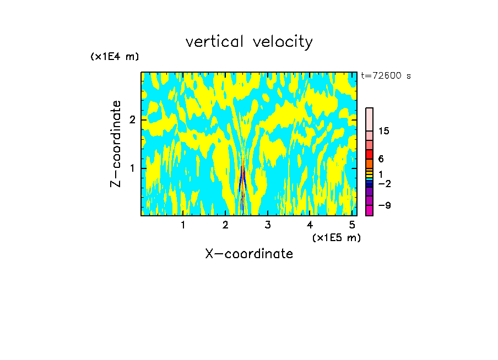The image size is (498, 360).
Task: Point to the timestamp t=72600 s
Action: (x=386, y=76)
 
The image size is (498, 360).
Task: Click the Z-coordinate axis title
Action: (x=116, y=144)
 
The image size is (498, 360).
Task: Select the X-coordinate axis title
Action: (x=249, y=254)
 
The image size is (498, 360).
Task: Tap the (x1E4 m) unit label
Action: (x=115, y=56)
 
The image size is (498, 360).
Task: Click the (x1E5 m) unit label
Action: (x=336, y=237)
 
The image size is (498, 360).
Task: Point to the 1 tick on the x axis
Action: (x=183, y=225)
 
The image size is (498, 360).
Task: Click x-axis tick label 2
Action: (x=225, y=225)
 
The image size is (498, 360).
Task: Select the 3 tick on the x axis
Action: (x=268, y=225)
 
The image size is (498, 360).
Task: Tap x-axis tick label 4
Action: (x=310, y=225)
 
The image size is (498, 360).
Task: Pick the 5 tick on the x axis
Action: (x=352, y=225)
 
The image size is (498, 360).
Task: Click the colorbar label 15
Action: (x=384, y=131)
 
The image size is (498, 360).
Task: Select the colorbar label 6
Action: (x=381, y=159)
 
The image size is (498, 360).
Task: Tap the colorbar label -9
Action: (x=384, y=205)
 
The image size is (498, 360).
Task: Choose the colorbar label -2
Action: (x=384, y=183)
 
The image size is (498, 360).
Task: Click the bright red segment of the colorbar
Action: (x=370, y=154)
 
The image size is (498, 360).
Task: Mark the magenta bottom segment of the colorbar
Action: (x=370, y=210)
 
